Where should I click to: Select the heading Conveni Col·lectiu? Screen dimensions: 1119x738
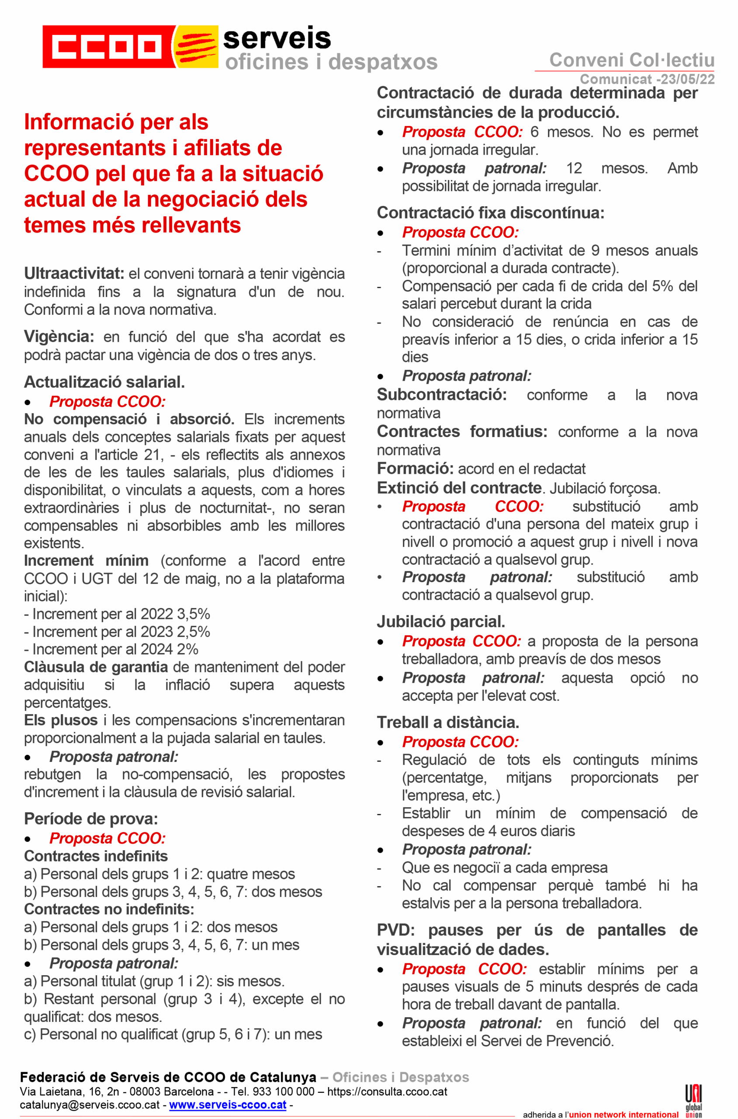[632, 60]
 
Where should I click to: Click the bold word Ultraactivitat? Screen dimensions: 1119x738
[74, 274]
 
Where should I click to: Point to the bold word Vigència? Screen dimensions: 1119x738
[59, 337]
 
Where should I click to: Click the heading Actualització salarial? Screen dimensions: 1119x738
[104, 382]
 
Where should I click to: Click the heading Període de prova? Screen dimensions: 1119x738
[91, 819]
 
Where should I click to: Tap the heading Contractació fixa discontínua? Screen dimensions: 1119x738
[490, 213]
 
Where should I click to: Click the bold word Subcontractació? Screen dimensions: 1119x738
[441, 395]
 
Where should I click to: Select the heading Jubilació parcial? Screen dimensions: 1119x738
[440, 622]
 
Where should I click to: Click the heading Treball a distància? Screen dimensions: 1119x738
[447, 722]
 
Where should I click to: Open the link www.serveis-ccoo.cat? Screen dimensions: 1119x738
[227, 1105]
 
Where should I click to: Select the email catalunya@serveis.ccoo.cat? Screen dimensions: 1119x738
[90, 1105]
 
